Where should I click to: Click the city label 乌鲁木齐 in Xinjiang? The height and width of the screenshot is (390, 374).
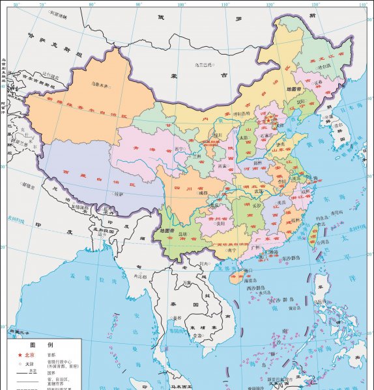pos(100,84)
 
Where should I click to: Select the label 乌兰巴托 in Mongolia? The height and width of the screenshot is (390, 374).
pos(205,65)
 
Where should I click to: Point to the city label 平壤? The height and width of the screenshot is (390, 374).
pos(319,118)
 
